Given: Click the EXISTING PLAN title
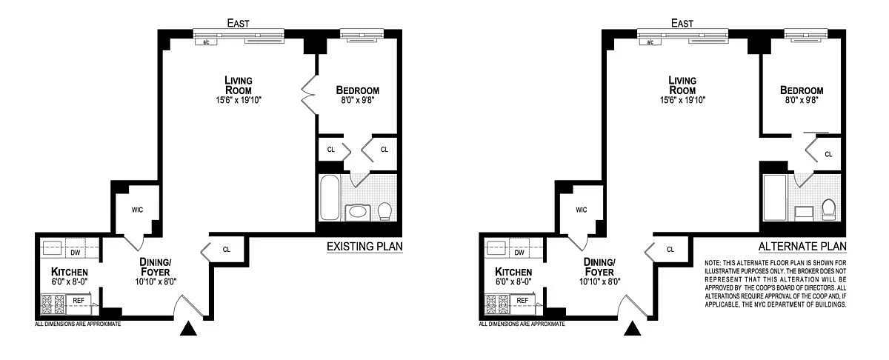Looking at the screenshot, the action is point(364,247).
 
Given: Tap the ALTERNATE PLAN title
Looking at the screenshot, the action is point(802,247).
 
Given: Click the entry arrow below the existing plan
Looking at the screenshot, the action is point(188,329).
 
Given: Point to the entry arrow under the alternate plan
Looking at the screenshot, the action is point(632,329).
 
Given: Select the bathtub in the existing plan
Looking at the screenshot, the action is point(330,198).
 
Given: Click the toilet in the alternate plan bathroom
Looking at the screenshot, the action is point(829,210).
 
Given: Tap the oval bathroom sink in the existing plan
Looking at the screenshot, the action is point(359,213).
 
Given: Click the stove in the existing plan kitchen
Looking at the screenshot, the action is point(53,304).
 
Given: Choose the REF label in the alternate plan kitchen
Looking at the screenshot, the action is point(522,301).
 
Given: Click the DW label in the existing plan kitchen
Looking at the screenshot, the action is point(76,253).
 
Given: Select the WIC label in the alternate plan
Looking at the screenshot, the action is point(582,210).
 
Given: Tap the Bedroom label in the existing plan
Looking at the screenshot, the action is point(358,90).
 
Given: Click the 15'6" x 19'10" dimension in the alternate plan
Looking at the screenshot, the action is point(682,100).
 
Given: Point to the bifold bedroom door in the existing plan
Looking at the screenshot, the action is point(310,95).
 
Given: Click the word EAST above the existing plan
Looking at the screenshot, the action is point(238,24).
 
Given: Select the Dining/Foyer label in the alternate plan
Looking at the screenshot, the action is point(599,267).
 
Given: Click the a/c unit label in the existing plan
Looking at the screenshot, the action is point(207,42).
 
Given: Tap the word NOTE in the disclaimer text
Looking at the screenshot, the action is point(713,263).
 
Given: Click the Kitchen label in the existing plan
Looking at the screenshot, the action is point(70,272).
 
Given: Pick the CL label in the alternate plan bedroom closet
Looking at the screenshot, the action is point(829,154).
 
